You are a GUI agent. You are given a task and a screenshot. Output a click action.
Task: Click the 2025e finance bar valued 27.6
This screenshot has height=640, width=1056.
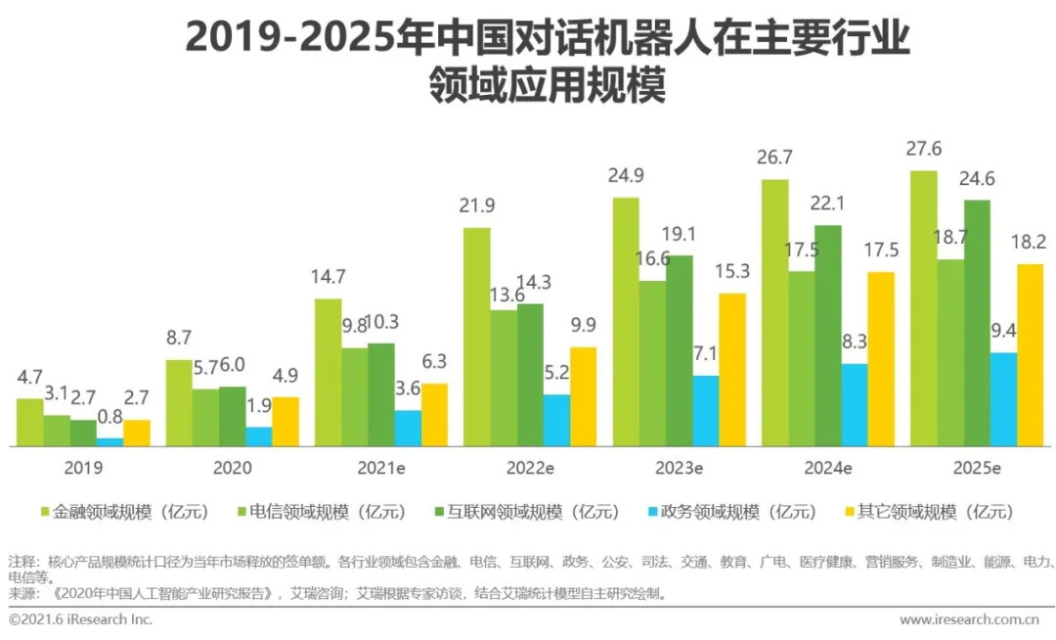pyautogui.click(x=923, y=308)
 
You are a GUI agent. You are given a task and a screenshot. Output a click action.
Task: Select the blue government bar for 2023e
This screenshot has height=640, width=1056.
pyautogui.click(x=705, y=411)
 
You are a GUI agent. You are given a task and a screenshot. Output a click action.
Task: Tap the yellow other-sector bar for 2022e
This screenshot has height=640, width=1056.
pyautogui.click(x=583, y=396)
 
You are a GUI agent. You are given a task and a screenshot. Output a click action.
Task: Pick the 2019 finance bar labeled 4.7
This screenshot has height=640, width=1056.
pyautogui.click(x=30, y=422)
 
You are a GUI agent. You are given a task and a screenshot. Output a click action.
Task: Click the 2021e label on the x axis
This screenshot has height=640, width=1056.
pyautogui.click(x=379, y=468)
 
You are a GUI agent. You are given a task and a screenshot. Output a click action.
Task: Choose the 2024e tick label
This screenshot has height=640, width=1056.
pyautogui.click(x=827, y=468)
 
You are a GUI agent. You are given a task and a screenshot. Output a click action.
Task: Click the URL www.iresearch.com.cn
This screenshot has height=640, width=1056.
pyautogui.click(x=968, y=619)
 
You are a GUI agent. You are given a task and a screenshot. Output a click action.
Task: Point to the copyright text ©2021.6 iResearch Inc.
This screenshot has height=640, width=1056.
pyautogui.click(x=80, y=619)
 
